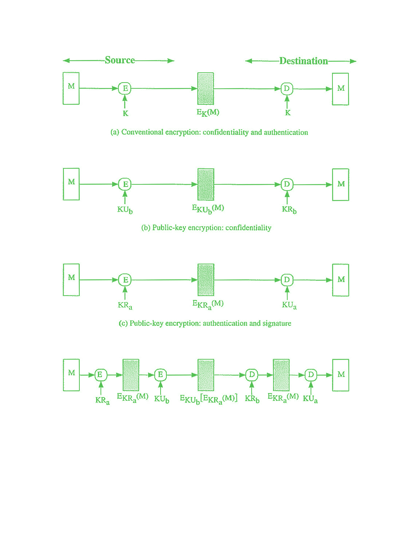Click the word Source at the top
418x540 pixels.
point(120,60)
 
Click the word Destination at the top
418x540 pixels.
point(304,61)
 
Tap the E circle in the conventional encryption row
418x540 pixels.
point(125,88)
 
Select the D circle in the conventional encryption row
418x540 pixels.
point(287,89)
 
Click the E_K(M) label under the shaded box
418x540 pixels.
point(208,113)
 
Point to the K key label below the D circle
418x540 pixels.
point(288,113)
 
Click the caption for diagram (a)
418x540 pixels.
point(209,132)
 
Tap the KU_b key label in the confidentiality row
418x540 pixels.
point(125,210)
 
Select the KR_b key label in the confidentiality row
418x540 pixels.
point(289,210)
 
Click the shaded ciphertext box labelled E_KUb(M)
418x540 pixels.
point(206,184)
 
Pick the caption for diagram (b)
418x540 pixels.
point(206,228)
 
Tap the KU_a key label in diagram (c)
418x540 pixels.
point(289,305)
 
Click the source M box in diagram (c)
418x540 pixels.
point(71,280)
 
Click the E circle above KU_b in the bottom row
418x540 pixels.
point(161,375)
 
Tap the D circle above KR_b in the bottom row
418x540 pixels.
point(252,375)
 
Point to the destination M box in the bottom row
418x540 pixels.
point(340,375)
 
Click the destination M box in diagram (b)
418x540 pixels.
point(340,185)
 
